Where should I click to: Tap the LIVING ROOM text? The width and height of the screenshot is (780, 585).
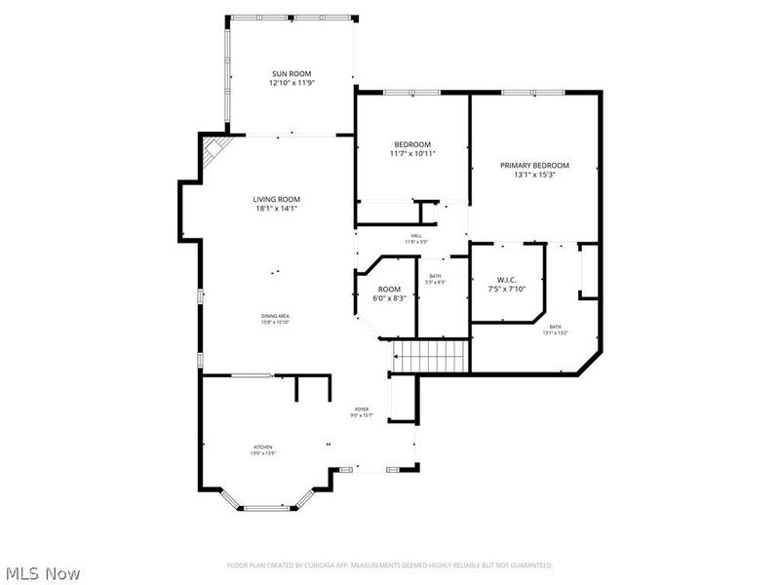[276, 199]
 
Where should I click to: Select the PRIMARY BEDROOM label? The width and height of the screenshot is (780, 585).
[534, 166]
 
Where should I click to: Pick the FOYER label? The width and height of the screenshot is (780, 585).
[361, 409]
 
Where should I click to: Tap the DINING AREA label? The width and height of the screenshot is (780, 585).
[275, 316]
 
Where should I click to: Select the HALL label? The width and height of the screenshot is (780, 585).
[415, 236]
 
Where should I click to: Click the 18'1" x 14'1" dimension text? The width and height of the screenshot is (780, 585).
[276, 209]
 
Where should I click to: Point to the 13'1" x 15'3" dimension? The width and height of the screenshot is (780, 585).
[534, 175]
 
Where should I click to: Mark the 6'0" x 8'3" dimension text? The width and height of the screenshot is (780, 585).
[389, 298]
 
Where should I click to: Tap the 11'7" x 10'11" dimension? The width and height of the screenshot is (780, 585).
[412, 154]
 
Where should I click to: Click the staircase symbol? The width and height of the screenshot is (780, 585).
[430, 356]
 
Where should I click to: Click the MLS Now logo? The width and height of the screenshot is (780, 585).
[43, 574]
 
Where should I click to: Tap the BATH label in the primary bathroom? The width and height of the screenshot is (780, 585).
[555, 327]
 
